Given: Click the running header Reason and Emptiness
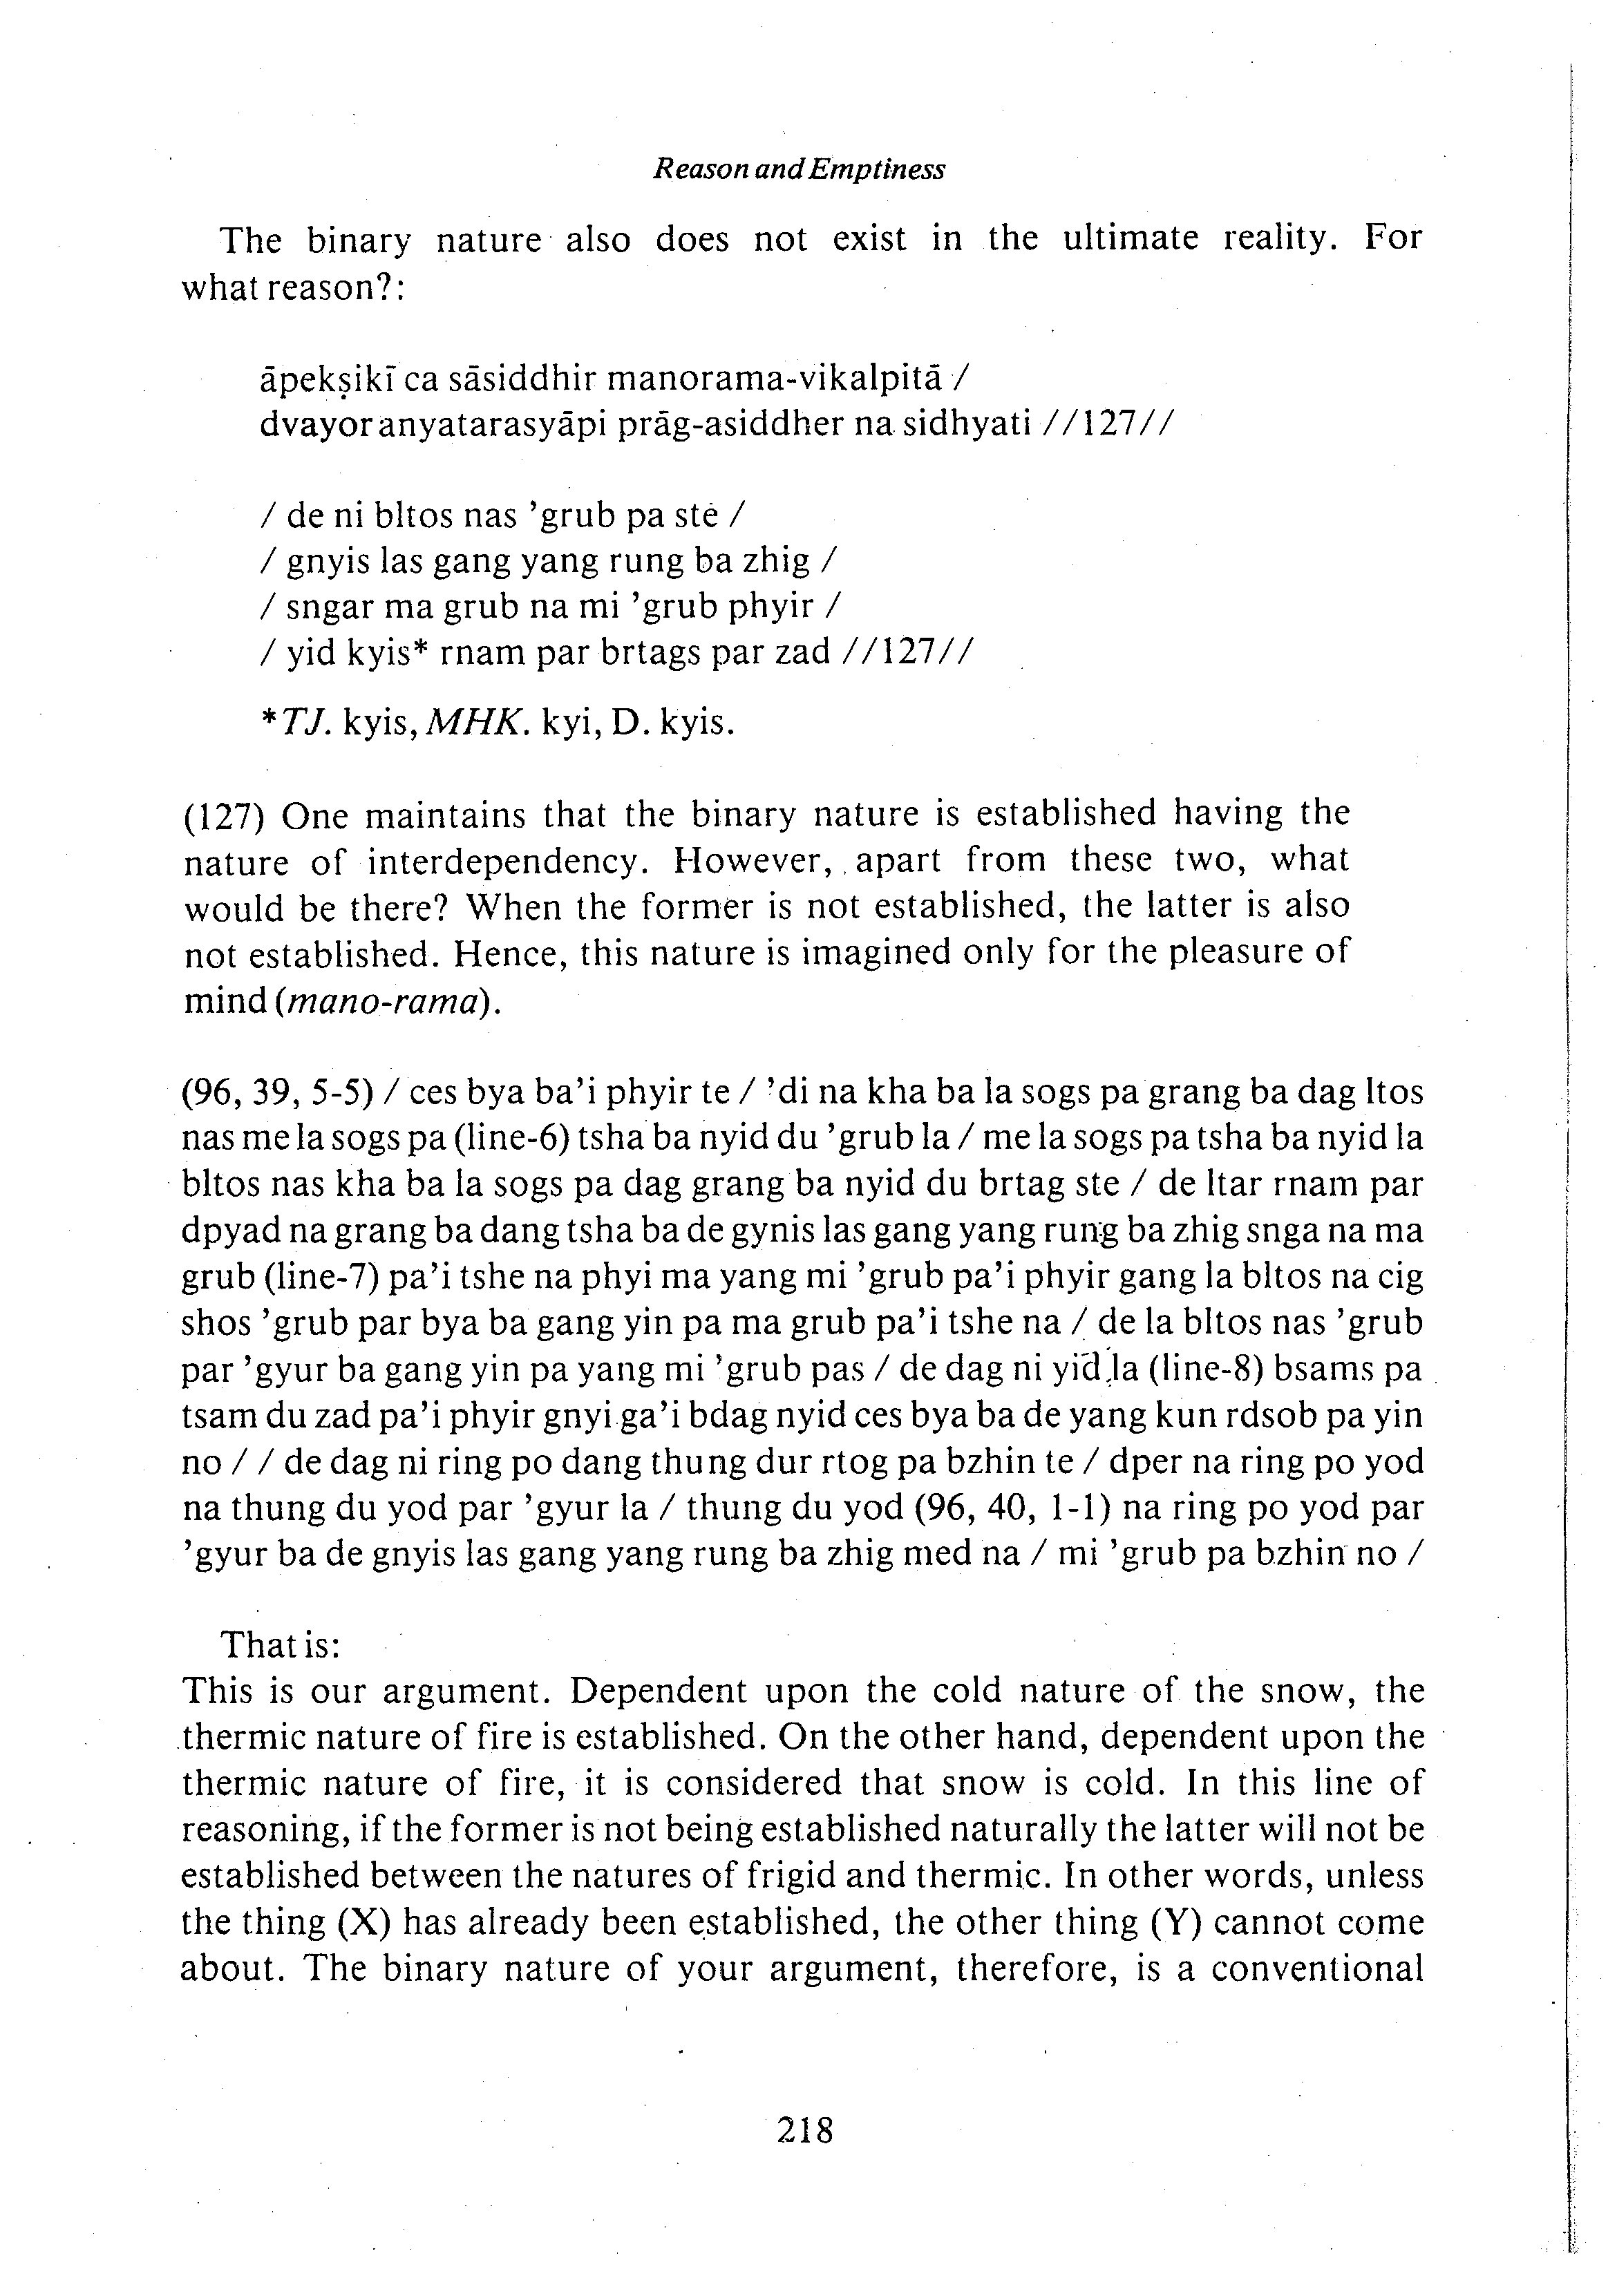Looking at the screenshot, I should [x=798, y=171].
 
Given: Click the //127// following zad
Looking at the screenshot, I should [x=906, y=652].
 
